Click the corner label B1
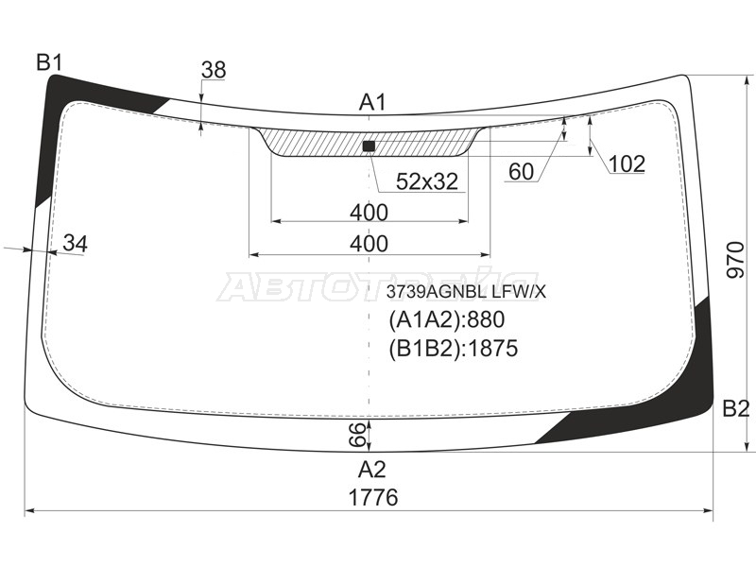click(50, 62)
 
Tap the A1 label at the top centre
click(372, 103)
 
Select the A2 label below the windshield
click(372, 469)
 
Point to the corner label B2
click(736, 409)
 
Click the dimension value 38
click(214, 70)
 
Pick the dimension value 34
click(76, 244)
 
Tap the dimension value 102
click(627, 164)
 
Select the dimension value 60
click(522, 172)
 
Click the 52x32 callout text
click(427, 181)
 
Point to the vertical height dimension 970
click(735, 260)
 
